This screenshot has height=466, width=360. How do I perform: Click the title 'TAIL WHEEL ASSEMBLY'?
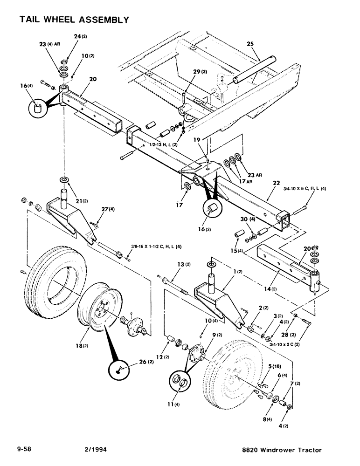coord(74,20)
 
